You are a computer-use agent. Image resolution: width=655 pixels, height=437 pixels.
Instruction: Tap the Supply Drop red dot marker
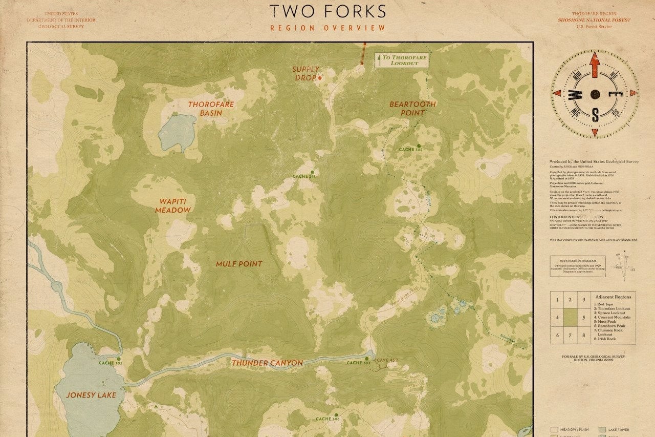[x=320, y=78]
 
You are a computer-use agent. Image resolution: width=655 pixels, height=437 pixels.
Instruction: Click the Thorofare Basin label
[x=211, y=108]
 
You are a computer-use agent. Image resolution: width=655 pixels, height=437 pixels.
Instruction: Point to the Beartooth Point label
[x=412, y=108]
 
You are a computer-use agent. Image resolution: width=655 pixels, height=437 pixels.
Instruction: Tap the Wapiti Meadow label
[x=173, y=205]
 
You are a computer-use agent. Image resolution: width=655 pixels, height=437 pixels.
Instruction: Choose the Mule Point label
[x=238, y=264]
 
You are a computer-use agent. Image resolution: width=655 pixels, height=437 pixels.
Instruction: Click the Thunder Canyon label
[x=267, y=363]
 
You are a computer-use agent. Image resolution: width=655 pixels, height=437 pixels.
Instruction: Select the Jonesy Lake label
[x=91, y=395]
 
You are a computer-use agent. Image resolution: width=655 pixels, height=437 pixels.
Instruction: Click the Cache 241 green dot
[x=312, y=172]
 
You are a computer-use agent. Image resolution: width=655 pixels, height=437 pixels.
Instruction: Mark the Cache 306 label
[x=327, y=419]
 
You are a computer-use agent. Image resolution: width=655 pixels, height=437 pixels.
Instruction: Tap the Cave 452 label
[x=387, y=360]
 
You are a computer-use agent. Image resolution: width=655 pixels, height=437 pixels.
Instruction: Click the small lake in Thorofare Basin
[x=177, y=132]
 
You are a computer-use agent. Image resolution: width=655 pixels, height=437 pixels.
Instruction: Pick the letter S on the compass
[x=595, y=114]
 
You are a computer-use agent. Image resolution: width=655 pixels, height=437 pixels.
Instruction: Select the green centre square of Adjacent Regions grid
[x=570, y=317]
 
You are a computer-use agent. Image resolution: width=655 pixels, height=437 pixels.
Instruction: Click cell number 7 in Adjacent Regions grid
[x=570, y=335]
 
